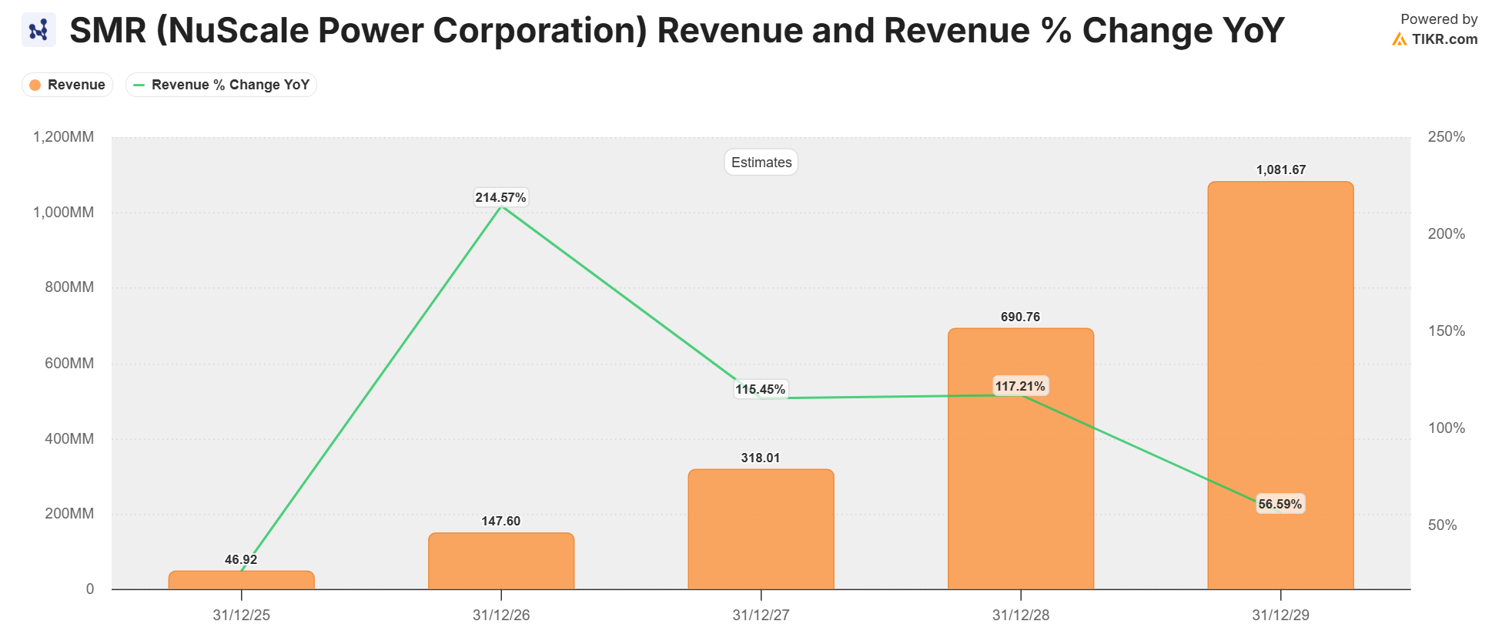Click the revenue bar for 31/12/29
coord(1280,385)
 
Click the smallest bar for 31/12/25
coord(241,580)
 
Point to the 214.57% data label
coord(500,198)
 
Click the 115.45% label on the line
coord(760,390)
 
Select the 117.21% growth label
coord(1020,386)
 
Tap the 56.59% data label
coord(1280,504)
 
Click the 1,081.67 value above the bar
coord(1280,170)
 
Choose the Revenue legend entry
coord(68,85)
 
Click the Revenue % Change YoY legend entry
coord(222,85)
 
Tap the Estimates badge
coord(761,163)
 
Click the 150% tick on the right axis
coord(1446,331)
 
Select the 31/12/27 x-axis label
coord(761,616)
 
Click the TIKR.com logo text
coord(1443,39)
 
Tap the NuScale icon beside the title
coord(38,30)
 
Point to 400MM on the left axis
coord(69,439)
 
